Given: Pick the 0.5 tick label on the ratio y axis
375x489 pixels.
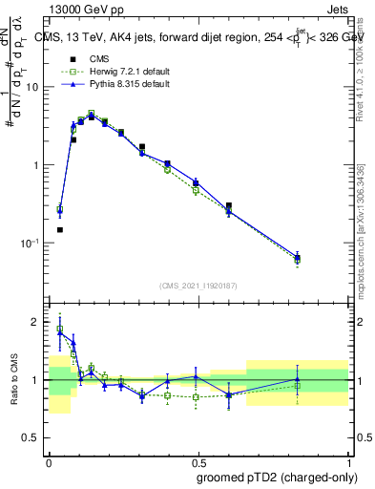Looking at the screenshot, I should (x=32, y=438).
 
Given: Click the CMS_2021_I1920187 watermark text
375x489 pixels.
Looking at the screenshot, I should (x=198, y=286).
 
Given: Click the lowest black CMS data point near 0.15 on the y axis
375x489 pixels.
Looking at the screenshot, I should (x=60, y=229).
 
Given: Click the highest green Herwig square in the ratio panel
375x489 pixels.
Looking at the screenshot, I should (x=60, y=330).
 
